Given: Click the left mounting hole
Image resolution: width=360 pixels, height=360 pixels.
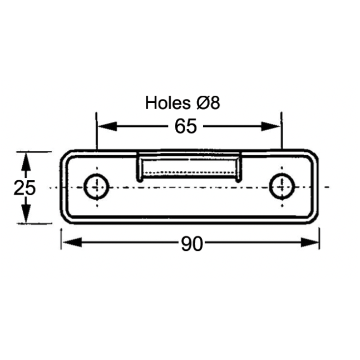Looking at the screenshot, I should (x=96, y=187).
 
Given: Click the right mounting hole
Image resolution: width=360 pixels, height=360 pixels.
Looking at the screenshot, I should (x=282, y=187).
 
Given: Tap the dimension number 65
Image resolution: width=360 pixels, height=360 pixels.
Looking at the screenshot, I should (x=186, y=127).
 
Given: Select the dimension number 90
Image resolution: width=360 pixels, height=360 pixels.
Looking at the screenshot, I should (x=191, y=244).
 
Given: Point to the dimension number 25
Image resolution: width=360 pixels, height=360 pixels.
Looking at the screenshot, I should (x=24, y=188).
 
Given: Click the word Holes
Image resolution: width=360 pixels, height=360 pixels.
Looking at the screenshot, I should (x=169, y=103).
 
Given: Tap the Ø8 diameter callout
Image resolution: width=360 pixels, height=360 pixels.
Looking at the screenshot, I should (x=209, y=103).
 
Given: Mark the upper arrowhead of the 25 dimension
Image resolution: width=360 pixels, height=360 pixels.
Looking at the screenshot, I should (x=25, y=158).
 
